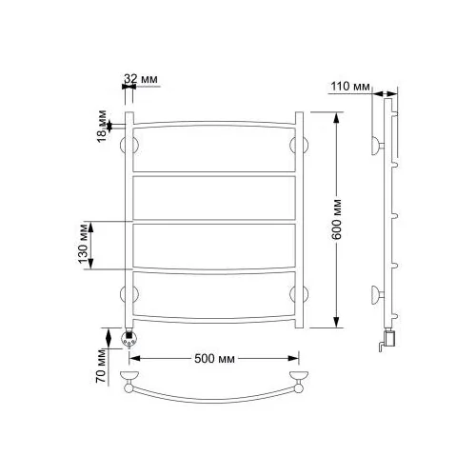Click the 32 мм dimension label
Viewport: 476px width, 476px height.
coord(141,79)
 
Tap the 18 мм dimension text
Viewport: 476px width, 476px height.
coord(102,126)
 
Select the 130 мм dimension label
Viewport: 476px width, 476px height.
coord(83,244)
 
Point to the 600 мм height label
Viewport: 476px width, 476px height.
coord(337,219)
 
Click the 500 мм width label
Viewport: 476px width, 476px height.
coord(214,359)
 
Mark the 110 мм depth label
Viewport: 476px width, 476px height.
coord(350,86)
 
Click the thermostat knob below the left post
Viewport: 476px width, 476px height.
coord(129,339)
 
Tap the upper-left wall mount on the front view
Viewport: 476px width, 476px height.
coord(129,146)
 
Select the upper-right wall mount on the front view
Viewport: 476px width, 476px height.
coord(299,146)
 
